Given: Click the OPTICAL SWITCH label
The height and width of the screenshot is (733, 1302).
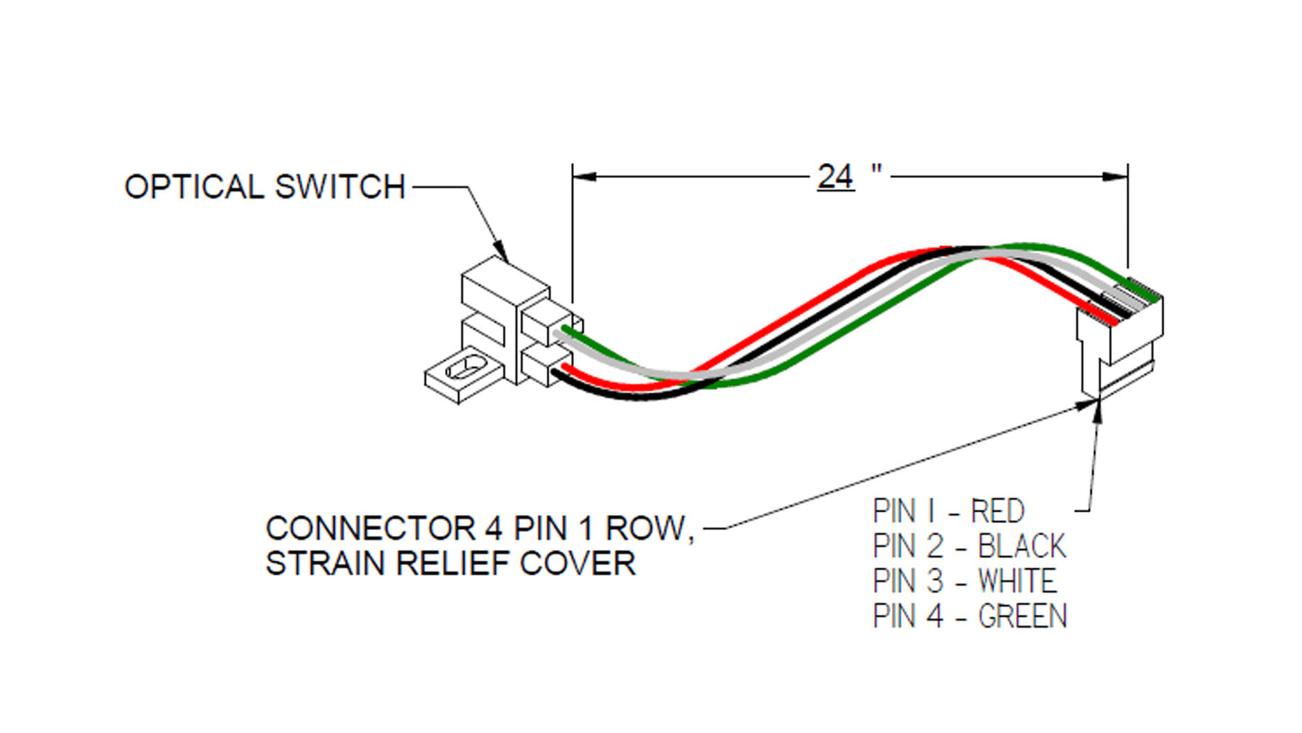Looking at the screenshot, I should point(264,187).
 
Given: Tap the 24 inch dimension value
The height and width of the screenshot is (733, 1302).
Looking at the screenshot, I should point(834,176).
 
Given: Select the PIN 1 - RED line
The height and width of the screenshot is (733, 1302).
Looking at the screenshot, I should point(948,511).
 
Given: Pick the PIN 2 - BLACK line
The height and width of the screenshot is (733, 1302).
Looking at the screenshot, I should point(969,546).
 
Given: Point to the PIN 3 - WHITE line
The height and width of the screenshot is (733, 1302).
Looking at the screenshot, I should point(964,581).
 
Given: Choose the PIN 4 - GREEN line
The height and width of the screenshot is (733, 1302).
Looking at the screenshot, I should point(970,616).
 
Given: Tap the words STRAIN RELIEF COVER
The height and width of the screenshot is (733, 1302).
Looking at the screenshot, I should point(450,563).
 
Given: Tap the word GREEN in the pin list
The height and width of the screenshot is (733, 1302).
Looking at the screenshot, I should point(1022,616).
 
